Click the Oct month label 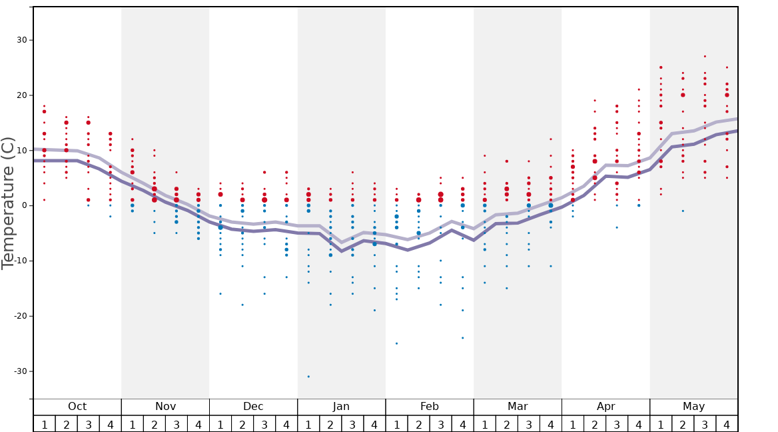tap(77, 407)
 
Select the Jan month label tap(341, 407)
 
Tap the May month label tap(693, 407)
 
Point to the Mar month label tap(518, 407)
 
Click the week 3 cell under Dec tap(264, 424)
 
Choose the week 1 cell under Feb tap(396, 424)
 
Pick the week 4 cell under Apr tap(639, 424)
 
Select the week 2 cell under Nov tap(155, 424)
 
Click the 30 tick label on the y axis tap(21, 40)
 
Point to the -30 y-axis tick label tap(20, 371)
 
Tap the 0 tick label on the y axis tap(24, 205)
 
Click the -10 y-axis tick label tap(20, 261)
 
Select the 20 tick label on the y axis tap(21, 95)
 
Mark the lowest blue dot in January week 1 tap(308, 377)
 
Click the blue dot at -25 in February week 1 tap(396, 343)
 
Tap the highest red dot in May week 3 tap(705, 57)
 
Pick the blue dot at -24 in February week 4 tap(463, 338)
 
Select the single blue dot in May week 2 tap(683, 211)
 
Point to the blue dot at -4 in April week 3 tap(617, 227)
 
